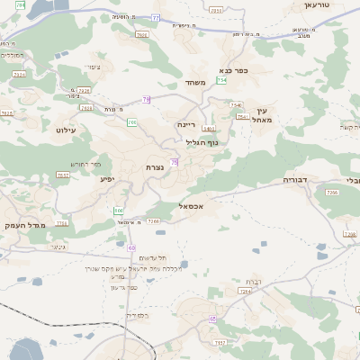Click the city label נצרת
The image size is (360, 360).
[154, 167]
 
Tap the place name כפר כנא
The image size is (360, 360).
[233, 69]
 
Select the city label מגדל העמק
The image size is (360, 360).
[25, 225]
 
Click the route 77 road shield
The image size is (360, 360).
[156, 18]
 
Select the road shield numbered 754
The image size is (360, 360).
[221, 81]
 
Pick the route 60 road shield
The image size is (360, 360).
[131, 247]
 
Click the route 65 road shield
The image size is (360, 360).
[212, 319]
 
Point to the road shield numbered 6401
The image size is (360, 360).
[208, 130]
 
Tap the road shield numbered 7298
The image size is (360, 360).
[84, 90]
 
